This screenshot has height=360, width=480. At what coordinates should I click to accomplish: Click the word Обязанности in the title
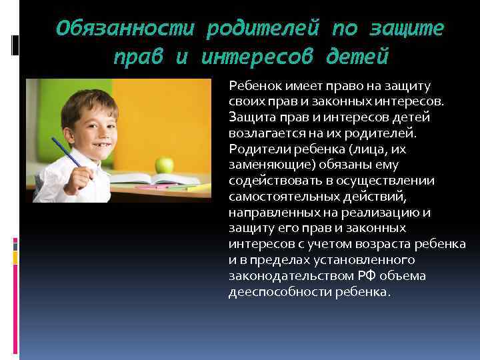(126, 29)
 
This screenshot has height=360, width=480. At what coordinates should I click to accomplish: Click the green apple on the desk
(164, 164)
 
